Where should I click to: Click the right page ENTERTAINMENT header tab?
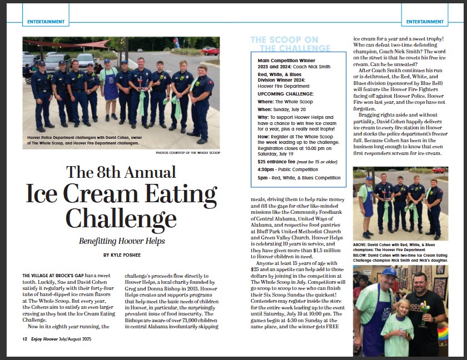[x=425, y=22]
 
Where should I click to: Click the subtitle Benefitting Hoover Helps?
[x=122, y=241]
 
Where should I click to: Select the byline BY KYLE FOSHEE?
[x=122, y=255]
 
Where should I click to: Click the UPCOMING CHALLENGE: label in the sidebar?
[x=281, y=94]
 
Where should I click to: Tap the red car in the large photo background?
[x=210, y=51]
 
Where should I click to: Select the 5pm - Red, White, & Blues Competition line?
[x=299, y=178]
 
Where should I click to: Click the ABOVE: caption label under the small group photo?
[x=362, y=244]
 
